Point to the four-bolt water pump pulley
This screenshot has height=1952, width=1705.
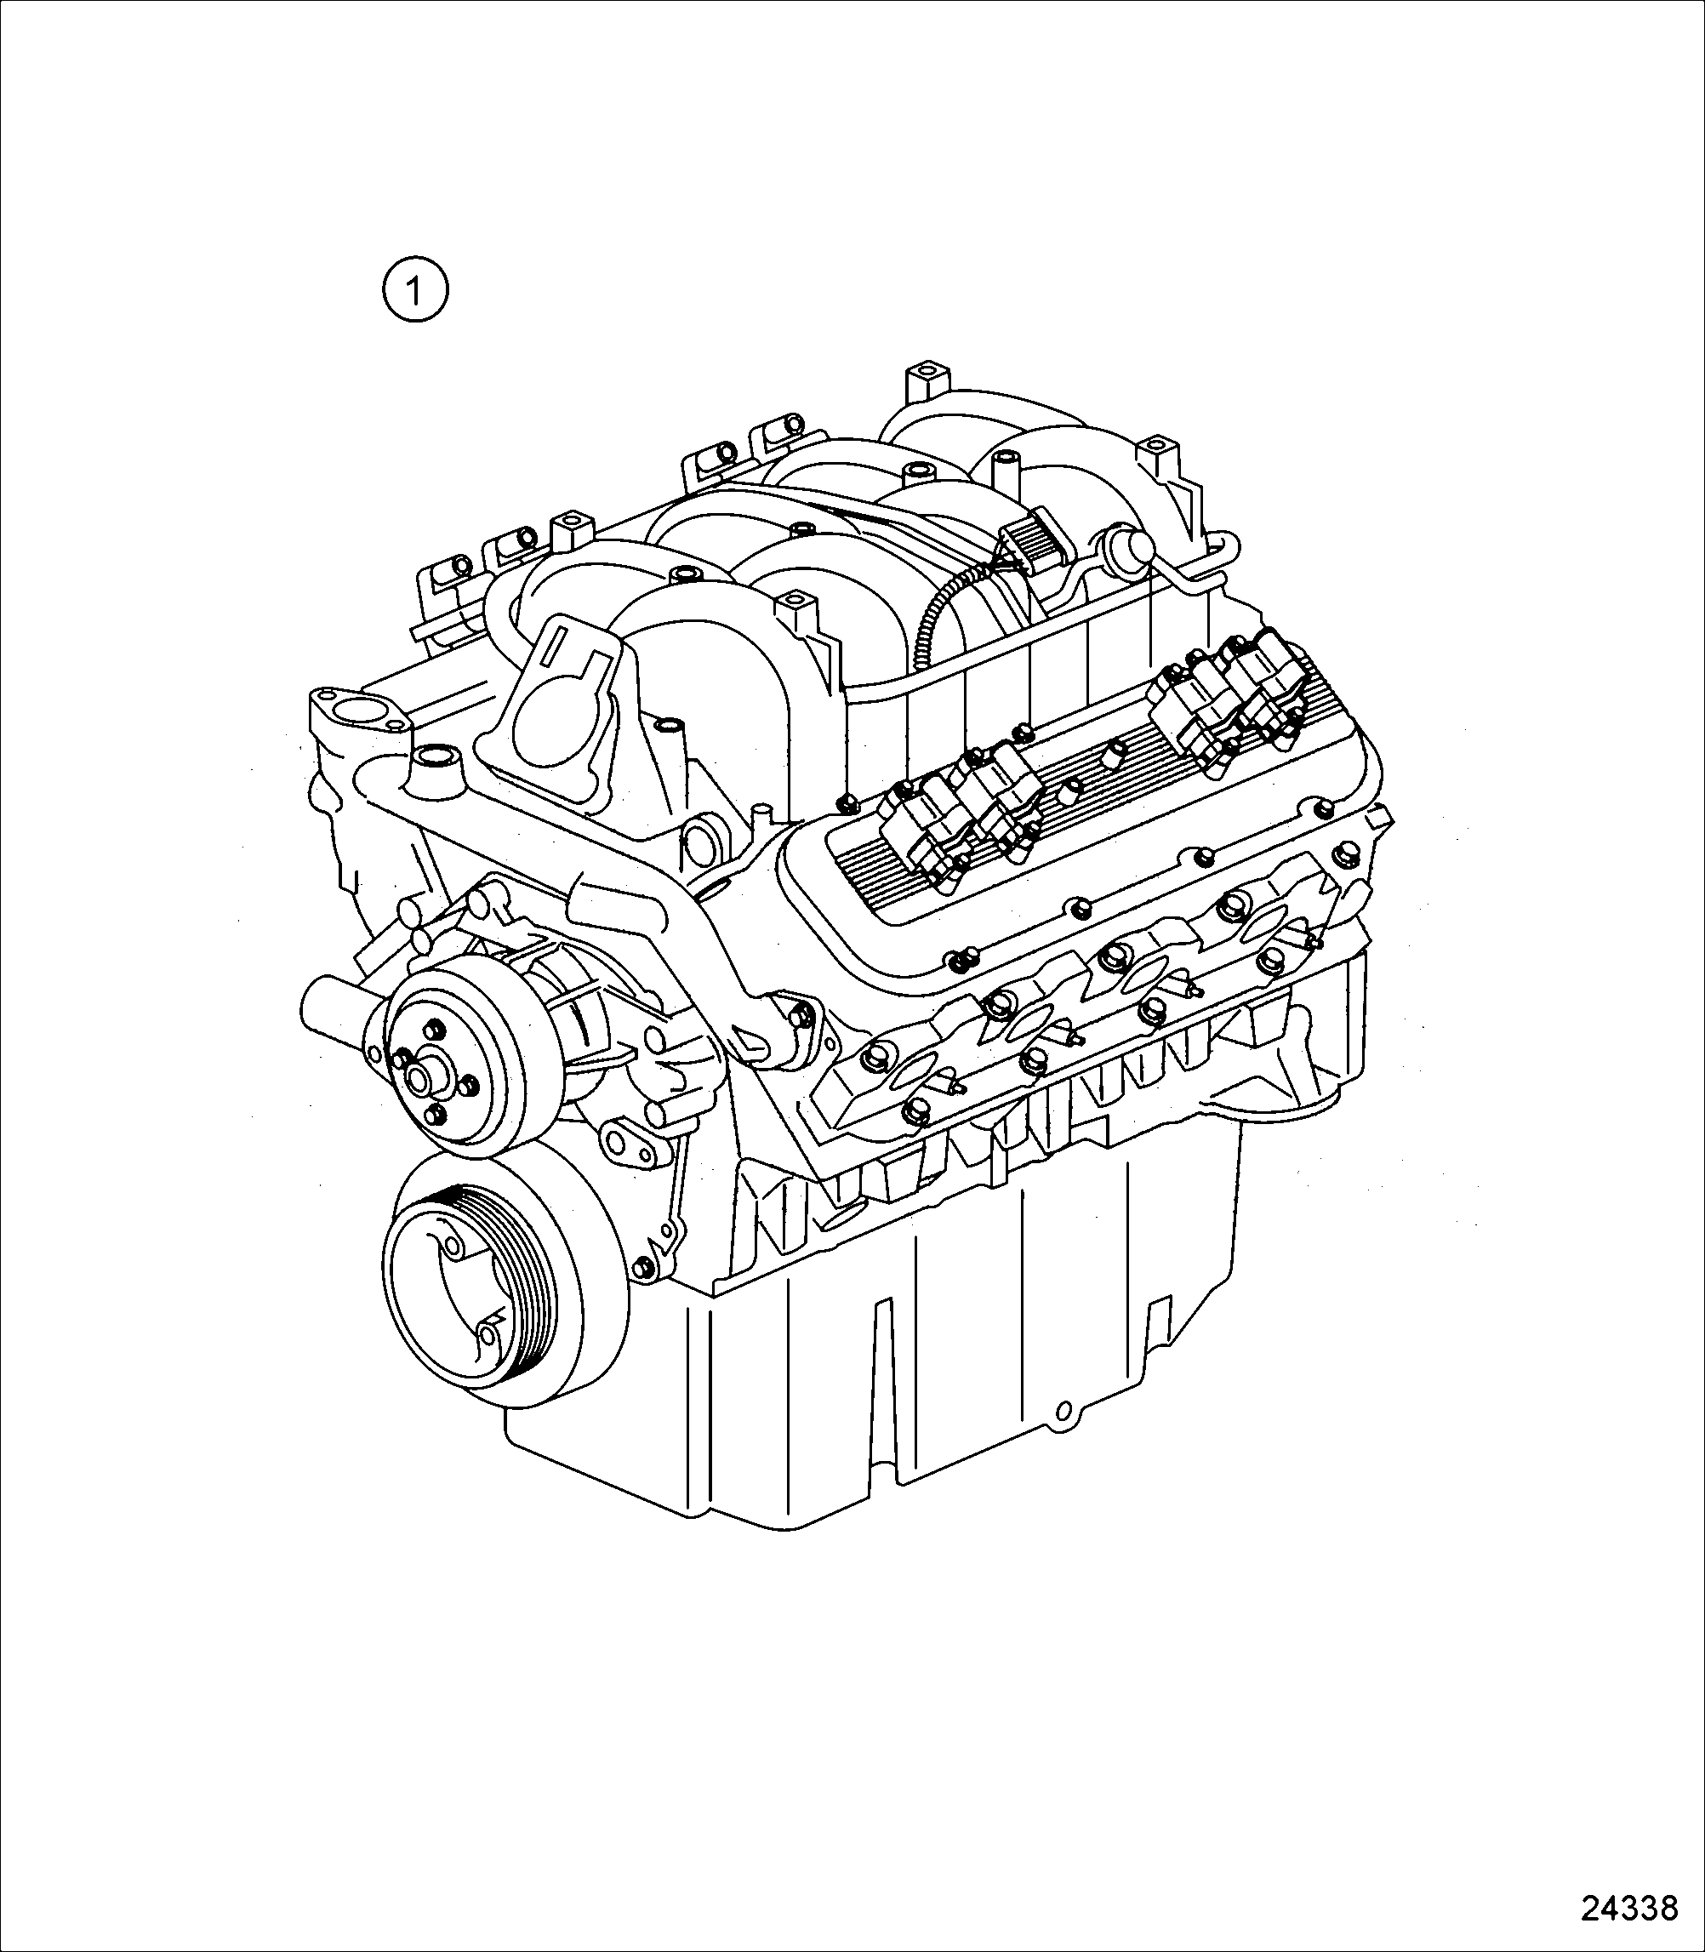[458, 1070]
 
